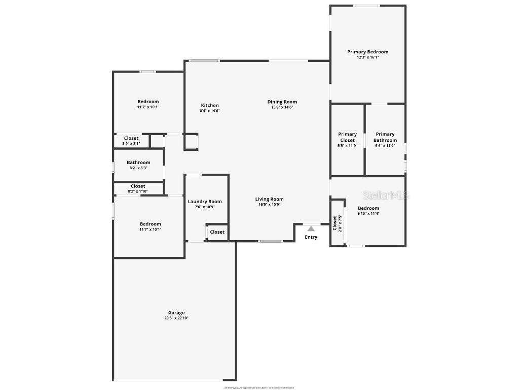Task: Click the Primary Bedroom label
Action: click(x=367, y=52)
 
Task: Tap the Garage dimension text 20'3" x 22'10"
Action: click(x=176, y=318)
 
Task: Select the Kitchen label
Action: click(x=209, y=105)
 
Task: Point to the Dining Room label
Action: click(x=282, y=102)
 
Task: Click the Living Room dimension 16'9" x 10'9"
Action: click(x=269, y=205)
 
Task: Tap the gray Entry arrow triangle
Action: click(x=311, y=229)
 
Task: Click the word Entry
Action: click(x=311, y=237)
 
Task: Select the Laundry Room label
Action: click(x=205, y=202)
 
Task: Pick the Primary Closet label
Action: click(x=347, y=137)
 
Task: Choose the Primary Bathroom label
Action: click(x=385, y=137)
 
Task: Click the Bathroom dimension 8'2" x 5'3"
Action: click(x=138, y=168)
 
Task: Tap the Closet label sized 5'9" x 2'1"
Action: click(x=131, y=138)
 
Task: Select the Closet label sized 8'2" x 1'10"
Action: click(x=138, y=186)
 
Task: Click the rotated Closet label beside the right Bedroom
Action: click(x=335, y=223)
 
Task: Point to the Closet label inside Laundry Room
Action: click(x=217, y=232)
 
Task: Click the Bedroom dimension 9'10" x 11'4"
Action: click(x=368, y=214)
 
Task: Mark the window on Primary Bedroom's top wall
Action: click(x=366, y=6)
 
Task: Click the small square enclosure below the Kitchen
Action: click(x=191, y=142)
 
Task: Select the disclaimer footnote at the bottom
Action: click(x=259, y=387)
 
